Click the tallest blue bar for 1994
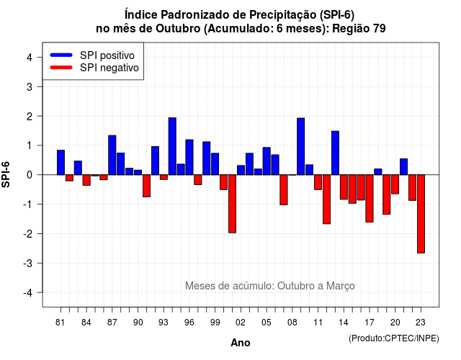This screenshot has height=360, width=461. [x=172, y=146]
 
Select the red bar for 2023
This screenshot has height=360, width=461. [x=421, y=214]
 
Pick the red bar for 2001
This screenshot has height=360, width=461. [x=232, y=204]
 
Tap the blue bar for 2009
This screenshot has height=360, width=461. [x=301, y=146]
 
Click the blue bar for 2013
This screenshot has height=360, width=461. [x=335, y=153]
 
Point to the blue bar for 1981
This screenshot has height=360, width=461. [x=61, y=163]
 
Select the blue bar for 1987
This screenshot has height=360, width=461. [x=112, y=156]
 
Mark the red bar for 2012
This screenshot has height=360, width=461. [x=326, y=199]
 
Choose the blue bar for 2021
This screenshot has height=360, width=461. [x=403, y=166]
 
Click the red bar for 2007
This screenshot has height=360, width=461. [x=284, y=189]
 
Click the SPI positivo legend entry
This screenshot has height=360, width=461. [x=92, y=55]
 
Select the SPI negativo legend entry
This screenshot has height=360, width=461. [x=94, y=68]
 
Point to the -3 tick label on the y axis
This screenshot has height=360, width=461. [x=28, y=263]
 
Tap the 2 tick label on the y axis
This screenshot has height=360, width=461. [x=30, y=117]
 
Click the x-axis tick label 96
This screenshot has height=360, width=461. [x=189, y=323]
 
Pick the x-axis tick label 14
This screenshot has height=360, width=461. [x=344, y=323]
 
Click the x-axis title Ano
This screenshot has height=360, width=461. [x=241, y=343]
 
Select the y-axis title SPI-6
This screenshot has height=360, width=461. [x=6, y=174]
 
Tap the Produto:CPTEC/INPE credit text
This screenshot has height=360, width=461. [x=394, y=338]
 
